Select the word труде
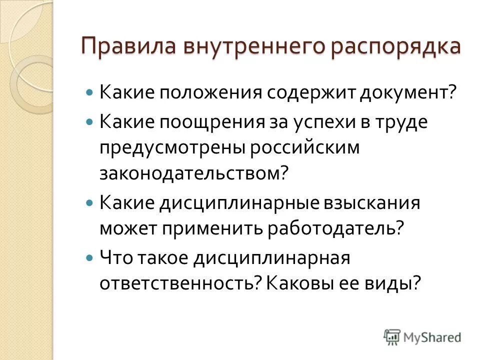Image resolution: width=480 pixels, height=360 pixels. (x=403, y=122)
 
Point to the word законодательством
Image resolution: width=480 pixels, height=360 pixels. (x=194, y=173)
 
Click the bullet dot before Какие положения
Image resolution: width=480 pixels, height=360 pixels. (x=89, y=93)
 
